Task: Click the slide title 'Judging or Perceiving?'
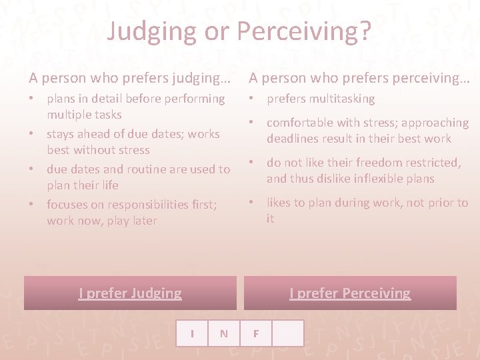pos(239,31)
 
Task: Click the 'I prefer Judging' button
pos(130,293)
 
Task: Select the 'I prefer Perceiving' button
pos(350,293)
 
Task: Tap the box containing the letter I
pos(192,333)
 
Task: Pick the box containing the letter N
pos(224,333)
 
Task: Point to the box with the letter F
pos(256,333)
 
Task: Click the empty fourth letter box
pos(288,333)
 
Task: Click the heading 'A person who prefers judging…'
pos(130,78)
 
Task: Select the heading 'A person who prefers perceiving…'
pos(359,78)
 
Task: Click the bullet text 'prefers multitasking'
pos(321,99)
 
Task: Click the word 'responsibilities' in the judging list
pos(143,205)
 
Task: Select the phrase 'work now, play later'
pos(102,221)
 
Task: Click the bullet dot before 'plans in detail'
pos(32,99)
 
